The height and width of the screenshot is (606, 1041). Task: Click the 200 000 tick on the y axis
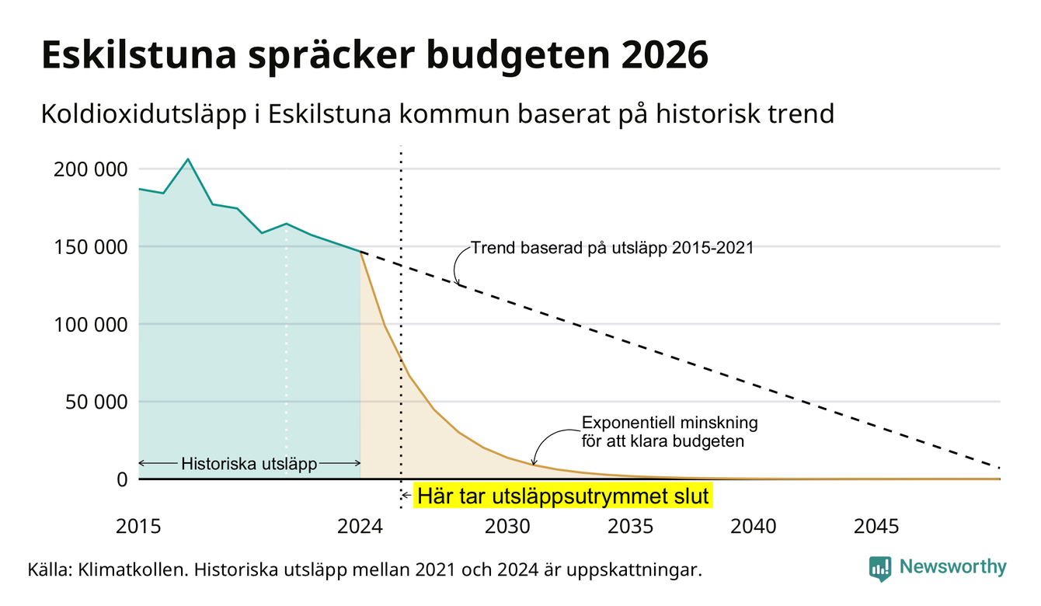coord(90,169)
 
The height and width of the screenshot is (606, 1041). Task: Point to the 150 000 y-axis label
coord(90,247)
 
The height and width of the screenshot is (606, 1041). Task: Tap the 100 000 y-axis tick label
coord(90,325)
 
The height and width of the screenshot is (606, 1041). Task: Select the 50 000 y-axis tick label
coord(96,402)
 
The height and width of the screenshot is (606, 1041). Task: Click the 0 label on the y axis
coord(122,479)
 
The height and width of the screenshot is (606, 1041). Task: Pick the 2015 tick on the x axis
coord(138,527)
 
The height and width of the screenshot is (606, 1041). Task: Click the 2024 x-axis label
coord(360,527)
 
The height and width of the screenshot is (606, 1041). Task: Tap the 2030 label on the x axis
coord(507,527)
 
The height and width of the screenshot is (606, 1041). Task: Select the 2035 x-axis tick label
coord(631,527)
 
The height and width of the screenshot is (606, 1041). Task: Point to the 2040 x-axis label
coord(754,527)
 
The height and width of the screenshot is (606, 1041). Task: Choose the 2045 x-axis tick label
coord(876,527)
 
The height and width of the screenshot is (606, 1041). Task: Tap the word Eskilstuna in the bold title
coord(139,54)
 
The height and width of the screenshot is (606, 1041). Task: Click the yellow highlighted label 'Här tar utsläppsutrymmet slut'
coord(562,496)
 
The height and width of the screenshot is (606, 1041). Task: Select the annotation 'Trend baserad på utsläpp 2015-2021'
coord(612,248)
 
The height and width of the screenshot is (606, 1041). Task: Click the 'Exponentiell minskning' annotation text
coord(670,423)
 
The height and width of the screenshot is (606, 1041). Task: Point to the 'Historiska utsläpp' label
coord(249,464)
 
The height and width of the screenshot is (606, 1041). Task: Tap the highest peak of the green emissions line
coord(188,159)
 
